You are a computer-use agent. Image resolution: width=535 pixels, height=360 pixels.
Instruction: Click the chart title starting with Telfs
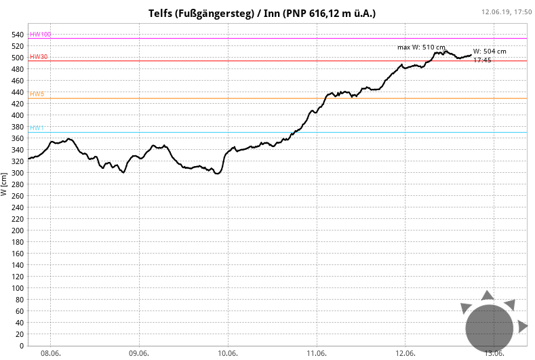pos(262,14)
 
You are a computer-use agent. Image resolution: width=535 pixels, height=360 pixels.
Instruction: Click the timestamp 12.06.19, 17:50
pos(507,12)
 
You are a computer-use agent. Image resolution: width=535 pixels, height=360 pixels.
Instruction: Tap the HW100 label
pos(40,35)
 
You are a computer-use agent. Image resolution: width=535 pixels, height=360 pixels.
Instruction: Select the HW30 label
pos(39,57)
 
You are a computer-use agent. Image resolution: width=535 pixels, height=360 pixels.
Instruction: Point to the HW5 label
pos(37,94)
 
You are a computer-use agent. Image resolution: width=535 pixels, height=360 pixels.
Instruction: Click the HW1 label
pos(37,128)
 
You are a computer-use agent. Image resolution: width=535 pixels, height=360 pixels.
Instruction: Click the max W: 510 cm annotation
pos(421,47)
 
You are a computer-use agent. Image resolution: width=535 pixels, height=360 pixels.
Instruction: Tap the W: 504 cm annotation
pos(490,52)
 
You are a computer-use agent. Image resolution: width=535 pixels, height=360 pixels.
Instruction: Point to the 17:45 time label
pos(482,60)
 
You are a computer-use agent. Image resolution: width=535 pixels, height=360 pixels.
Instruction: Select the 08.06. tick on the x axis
pos(51,353)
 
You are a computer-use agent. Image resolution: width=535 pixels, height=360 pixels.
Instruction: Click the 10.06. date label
pos(228,353)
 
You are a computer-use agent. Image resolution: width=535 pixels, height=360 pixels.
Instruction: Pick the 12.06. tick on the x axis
pos(405,353)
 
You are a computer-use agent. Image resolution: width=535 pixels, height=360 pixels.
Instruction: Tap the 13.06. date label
pos(494,353)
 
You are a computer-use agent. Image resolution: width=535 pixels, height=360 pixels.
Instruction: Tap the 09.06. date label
pos(139,353)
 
